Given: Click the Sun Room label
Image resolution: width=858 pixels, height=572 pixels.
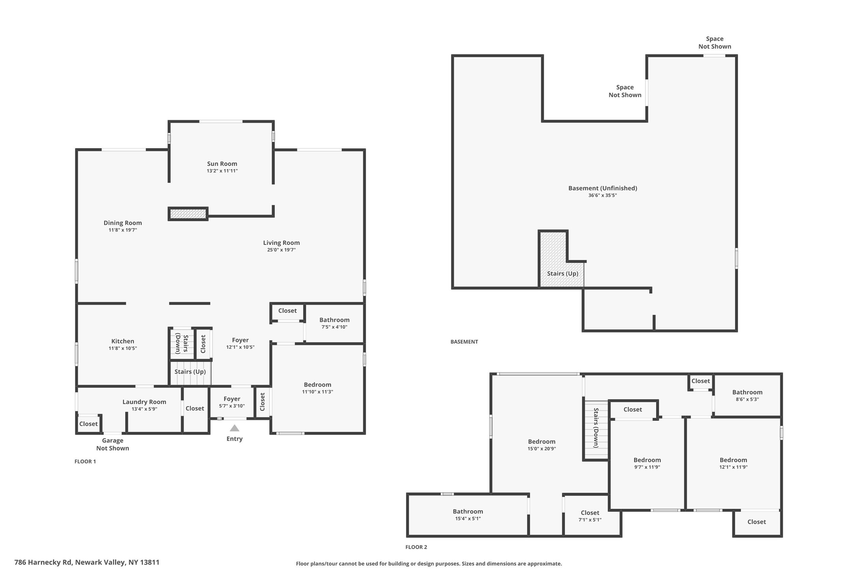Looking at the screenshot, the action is (222, 164).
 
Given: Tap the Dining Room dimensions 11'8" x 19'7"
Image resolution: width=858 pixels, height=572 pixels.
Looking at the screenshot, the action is (123, 230).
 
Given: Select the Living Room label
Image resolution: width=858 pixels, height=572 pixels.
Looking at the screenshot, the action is (281, 243).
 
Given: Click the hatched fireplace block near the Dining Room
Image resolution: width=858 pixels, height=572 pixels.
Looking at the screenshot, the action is (188, 214).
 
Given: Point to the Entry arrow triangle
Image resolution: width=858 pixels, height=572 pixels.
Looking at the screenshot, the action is (235, 428).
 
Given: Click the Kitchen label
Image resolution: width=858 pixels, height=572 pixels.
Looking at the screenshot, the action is (123, 341).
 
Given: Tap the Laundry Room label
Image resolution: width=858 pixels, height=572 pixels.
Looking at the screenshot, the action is (144, 402).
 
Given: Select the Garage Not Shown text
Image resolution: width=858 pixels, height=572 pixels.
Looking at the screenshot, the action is (113, 444).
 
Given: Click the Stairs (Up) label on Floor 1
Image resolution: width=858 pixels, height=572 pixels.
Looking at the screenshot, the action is (190, 372).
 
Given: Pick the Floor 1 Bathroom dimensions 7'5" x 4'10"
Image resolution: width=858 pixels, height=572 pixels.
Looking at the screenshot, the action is (335, 327).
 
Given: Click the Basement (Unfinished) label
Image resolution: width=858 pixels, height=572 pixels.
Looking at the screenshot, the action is (602, 188).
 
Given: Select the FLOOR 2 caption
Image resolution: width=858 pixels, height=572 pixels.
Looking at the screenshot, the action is (416, 547).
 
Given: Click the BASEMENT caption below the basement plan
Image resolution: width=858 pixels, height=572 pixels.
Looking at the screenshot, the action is (464, 342).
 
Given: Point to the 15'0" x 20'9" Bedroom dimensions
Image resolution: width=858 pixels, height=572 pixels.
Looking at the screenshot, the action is (542, 449).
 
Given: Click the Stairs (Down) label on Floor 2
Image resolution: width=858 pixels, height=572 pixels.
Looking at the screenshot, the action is (596, 428).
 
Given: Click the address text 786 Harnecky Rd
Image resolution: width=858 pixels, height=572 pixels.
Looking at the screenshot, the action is (43, 562).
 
